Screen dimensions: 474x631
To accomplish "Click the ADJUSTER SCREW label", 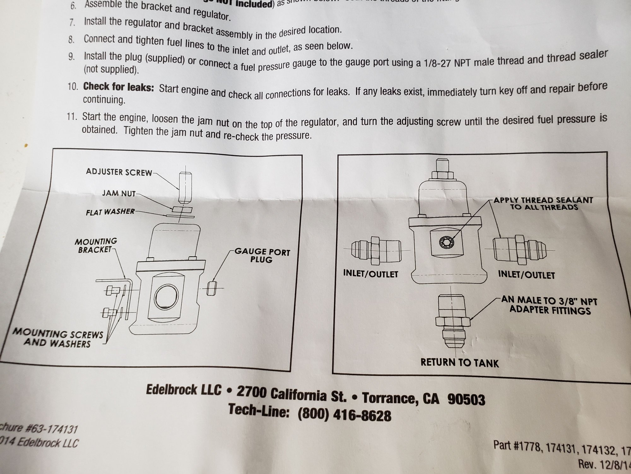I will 119,172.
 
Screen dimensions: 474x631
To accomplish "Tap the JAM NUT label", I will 118,193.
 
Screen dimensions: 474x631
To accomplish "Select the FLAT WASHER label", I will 110,212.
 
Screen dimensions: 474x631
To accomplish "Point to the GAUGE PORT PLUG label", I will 262,256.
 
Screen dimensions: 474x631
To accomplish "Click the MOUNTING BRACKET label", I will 96,246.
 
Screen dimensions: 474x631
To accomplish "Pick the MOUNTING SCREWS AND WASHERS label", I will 58,338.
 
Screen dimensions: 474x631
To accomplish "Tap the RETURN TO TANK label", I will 460,362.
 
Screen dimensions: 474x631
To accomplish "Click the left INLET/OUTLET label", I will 370,274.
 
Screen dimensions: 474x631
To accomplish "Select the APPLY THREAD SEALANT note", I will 543,204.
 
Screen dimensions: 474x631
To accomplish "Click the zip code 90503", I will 466,399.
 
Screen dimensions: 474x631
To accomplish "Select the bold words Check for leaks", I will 118,87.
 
